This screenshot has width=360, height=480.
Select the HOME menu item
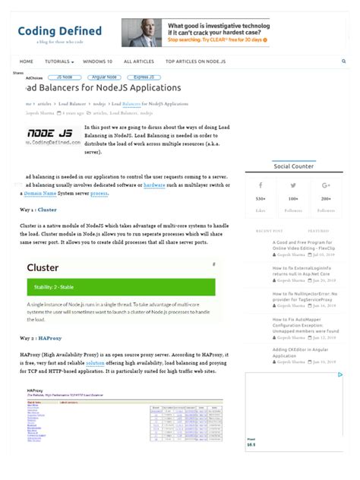pos(27,61)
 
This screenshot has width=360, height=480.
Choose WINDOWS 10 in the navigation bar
pos(97,61)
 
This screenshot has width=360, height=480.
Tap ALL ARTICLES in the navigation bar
pos(139,61)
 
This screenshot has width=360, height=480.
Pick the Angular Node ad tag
pos(103,77)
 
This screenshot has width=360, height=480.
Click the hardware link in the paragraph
pos(154,185)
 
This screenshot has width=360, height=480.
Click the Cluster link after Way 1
pos(47,209)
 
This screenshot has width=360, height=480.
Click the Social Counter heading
pos(293,166)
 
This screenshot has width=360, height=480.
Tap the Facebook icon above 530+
pos(261,185)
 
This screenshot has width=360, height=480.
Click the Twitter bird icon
pos(293,185)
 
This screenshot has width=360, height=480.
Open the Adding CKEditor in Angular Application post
pos(299,353)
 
